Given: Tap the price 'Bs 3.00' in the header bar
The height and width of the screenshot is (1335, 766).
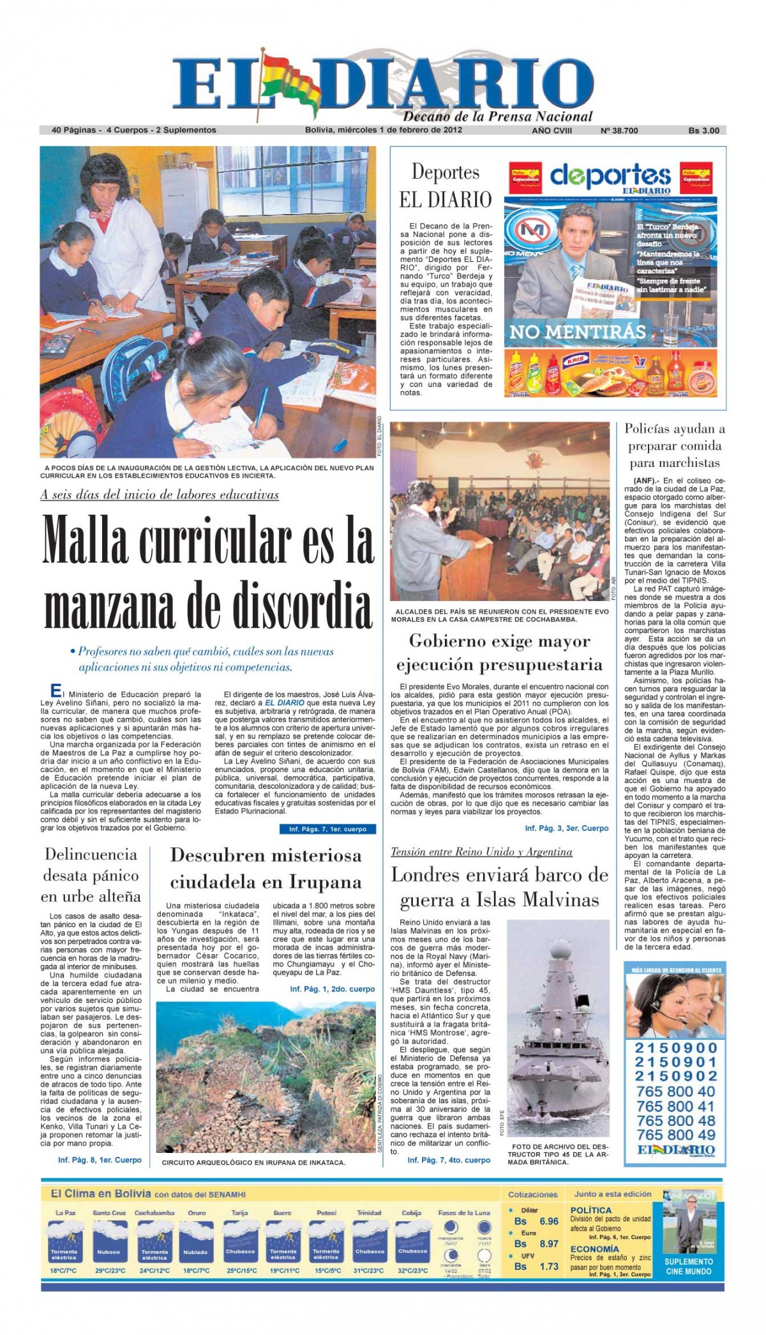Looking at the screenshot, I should (x=703, y=130).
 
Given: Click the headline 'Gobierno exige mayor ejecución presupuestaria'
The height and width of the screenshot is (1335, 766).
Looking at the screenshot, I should (x=499, y=652).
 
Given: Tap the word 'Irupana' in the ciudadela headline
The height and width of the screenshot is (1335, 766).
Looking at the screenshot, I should (x=325, y=882).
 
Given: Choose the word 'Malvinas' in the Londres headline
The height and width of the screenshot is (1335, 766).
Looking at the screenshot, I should (x=537, y=900).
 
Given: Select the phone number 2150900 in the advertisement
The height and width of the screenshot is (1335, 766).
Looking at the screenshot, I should (x=676, y=1048).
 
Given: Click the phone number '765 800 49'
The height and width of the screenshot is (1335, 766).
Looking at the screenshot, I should (x=675, y=1134).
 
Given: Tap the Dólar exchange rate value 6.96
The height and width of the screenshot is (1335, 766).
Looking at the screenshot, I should (x=549, y=1221).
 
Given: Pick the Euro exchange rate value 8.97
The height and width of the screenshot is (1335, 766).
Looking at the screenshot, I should (x=549, y=1244).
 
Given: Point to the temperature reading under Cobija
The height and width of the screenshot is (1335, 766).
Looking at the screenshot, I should (x=412, y=1270).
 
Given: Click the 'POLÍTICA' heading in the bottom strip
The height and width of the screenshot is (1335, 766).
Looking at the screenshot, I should (x=590, y=1210).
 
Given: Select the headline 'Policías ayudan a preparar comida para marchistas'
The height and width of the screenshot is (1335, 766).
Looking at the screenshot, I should (x=675, y=445).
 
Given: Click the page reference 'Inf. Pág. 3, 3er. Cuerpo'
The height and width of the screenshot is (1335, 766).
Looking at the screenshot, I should (x=566, y=828).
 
